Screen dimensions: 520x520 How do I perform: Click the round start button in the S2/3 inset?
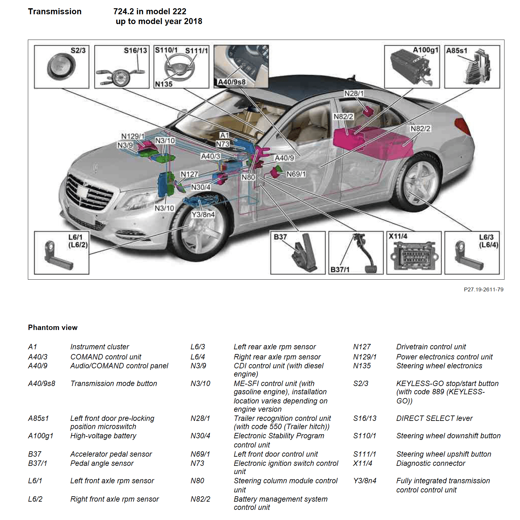[61, 67]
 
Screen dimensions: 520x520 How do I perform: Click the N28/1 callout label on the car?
[354, 93]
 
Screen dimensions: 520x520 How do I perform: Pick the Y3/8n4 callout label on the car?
[203, 215]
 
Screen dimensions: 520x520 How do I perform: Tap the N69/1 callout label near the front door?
[296, 174]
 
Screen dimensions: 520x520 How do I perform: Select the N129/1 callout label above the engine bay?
[133, 136]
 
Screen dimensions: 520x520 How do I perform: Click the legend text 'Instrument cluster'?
[99, 347]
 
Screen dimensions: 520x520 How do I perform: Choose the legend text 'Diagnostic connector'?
[431, 463]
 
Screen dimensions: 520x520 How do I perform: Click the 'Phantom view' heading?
[53, 327]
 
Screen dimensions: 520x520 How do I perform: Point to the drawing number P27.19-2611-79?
[483, 289]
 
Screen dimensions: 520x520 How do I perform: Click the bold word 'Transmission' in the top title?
[54, 11]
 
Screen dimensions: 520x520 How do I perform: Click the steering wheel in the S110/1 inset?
[179, 67]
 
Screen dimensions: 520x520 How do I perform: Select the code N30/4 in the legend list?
[200, 436]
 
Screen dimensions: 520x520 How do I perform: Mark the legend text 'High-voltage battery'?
[103, 436]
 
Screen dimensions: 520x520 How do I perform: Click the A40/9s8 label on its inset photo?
[232, 82]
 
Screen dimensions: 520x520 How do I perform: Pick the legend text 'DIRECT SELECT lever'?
[434, 418]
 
